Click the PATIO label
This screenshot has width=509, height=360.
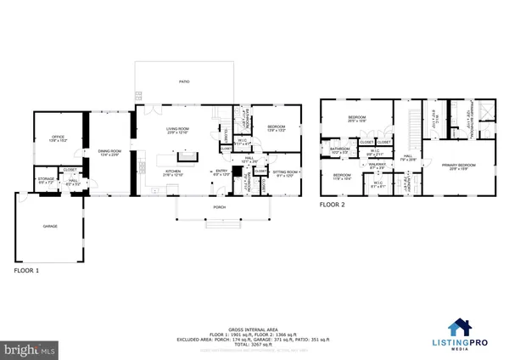point(184,82)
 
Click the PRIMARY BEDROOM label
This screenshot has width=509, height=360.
point(456,166)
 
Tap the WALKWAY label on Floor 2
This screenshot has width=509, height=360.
point(378,166)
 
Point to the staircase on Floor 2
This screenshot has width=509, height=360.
point(413,128)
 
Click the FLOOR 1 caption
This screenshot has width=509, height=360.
point(27,271)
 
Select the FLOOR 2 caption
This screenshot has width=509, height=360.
point(333,205)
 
